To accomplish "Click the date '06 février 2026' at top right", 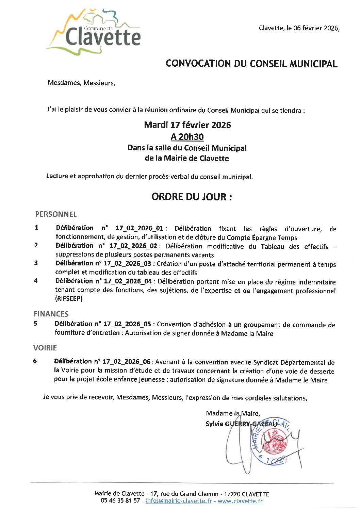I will (x=316, y=28).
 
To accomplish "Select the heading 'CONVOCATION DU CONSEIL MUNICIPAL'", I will (x=251, y=64).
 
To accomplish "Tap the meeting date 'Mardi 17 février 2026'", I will (x=187, y=125).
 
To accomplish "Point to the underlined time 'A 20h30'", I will (x=187, y=137).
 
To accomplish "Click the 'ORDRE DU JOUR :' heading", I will (x=192, y=197).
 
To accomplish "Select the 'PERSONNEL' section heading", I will (x=56, y=214).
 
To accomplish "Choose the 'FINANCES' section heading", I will (x=51, y=314).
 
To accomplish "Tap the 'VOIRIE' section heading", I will (x=45, y=348).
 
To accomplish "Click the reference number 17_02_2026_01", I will (x=140, y=228).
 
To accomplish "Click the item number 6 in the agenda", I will (x=35, y=361).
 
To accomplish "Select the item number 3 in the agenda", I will (x=36, y=263).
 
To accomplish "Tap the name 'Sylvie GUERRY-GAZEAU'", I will (x=241, y=424).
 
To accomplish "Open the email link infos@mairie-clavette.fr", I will (x=179, y=501).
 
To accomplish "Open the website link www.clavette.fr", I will (x=240, y=501).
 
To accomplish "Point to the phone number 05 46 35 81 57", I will (x=120, y=501).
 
